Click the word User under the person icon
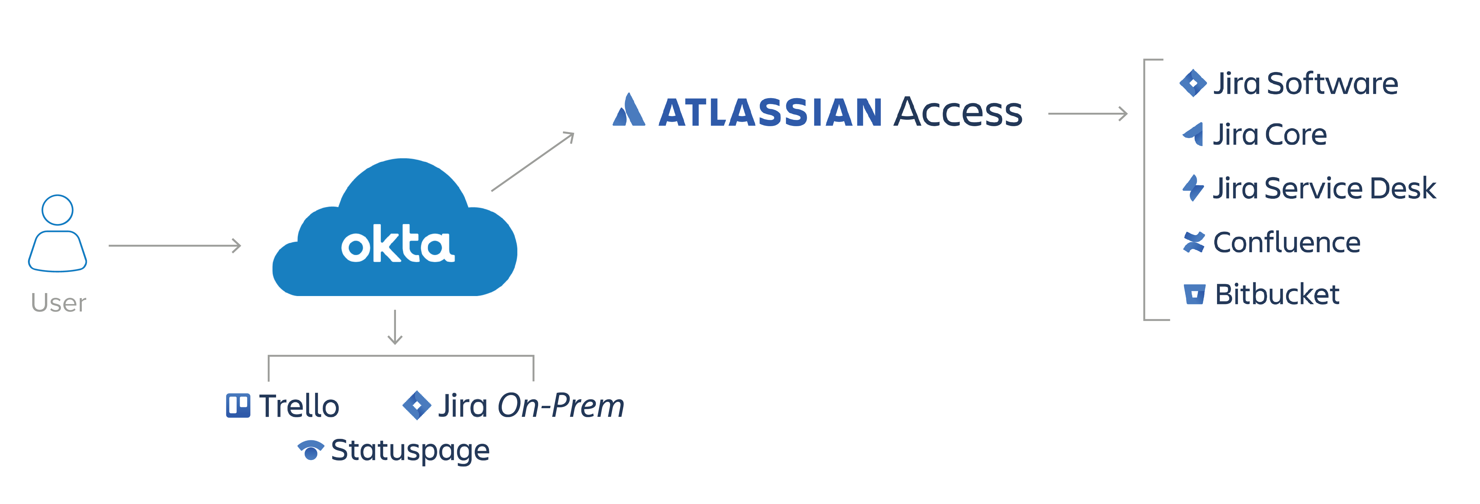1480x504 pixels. point(59,303)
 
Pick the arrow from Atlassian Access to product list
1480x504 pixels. point(1088,114)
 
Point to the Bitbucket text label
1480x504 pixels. point(1277,294)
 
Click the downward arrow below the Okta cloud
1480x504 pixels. point(395,327)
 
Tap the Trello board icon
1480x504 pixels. point(238,406)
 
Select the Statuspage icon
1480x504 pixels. point(311,450)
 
